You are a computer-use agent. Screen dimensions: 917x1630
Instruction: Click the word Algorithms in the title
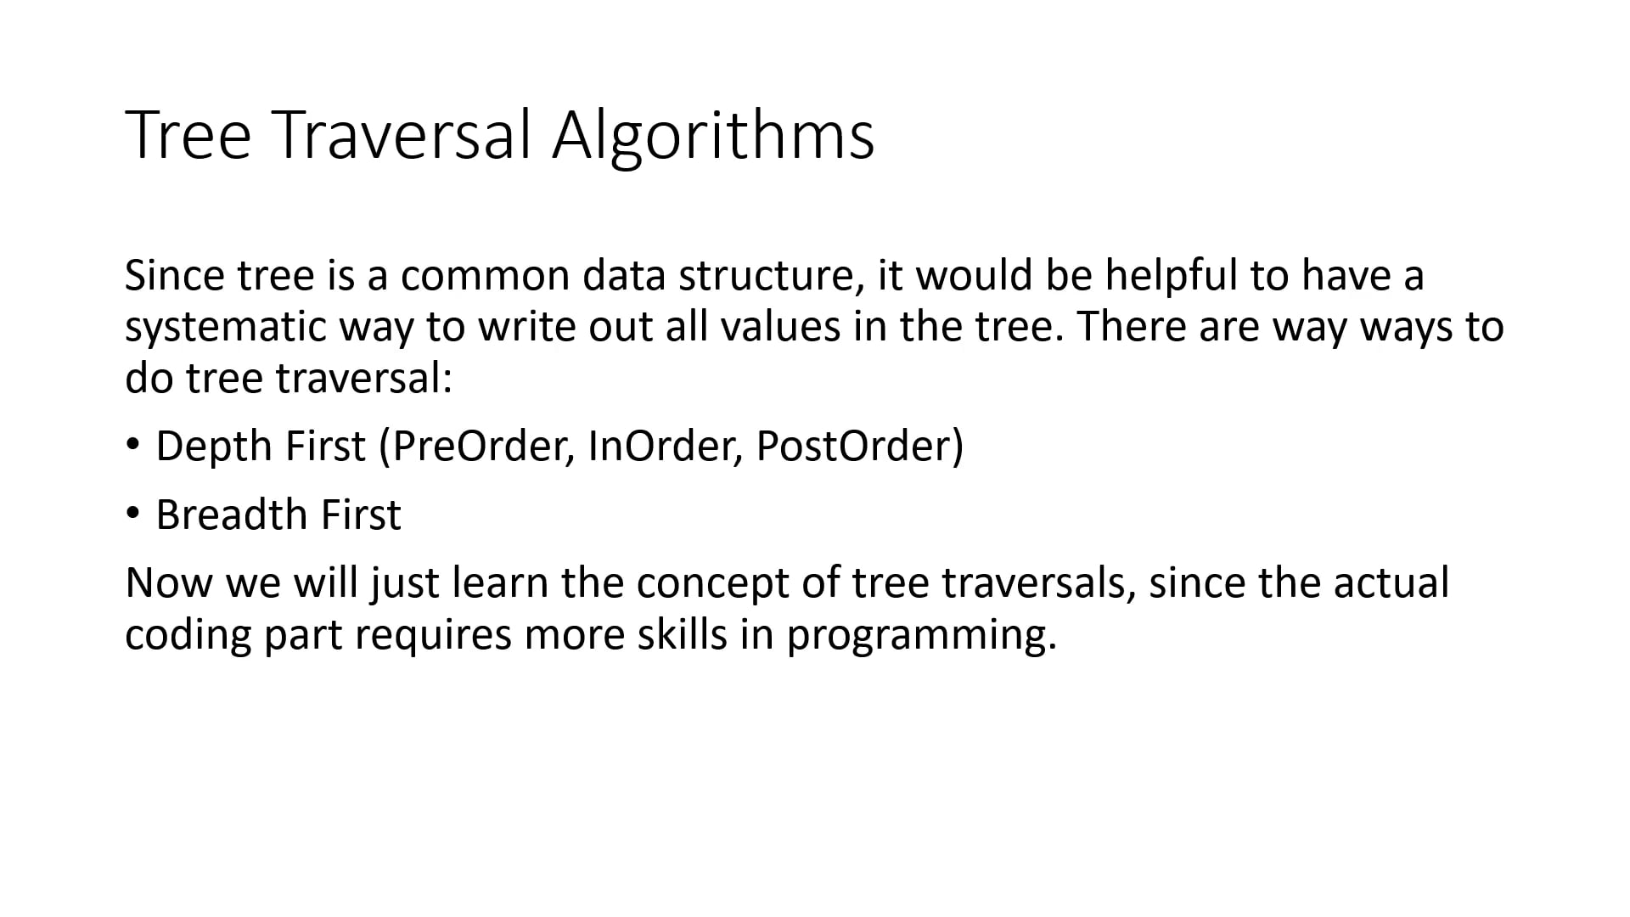tap(713, 136)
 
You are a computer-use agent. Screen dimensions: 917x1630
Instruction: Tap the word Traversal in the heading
tap(403, 136)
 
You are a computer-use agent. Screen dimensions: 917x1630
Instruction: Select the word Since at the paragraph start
tap(173, 276)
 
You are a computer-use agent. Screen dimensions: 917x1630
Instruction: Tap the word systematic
tap(225, 328)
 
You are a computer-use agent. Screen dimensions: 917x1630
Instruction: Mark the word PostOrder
tap(855, 447)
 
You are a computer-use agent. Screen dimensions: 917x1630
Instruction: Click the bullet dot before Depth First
tap(132, 444)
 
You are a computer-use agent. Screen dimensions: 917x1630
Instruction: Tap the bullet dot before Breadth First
tap(132, 513)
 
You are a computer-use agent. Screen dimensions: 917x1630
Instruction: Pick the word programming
tap(921, 635)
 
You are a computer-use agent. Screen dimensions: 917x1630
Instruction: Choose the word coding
tap(188, 635)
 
